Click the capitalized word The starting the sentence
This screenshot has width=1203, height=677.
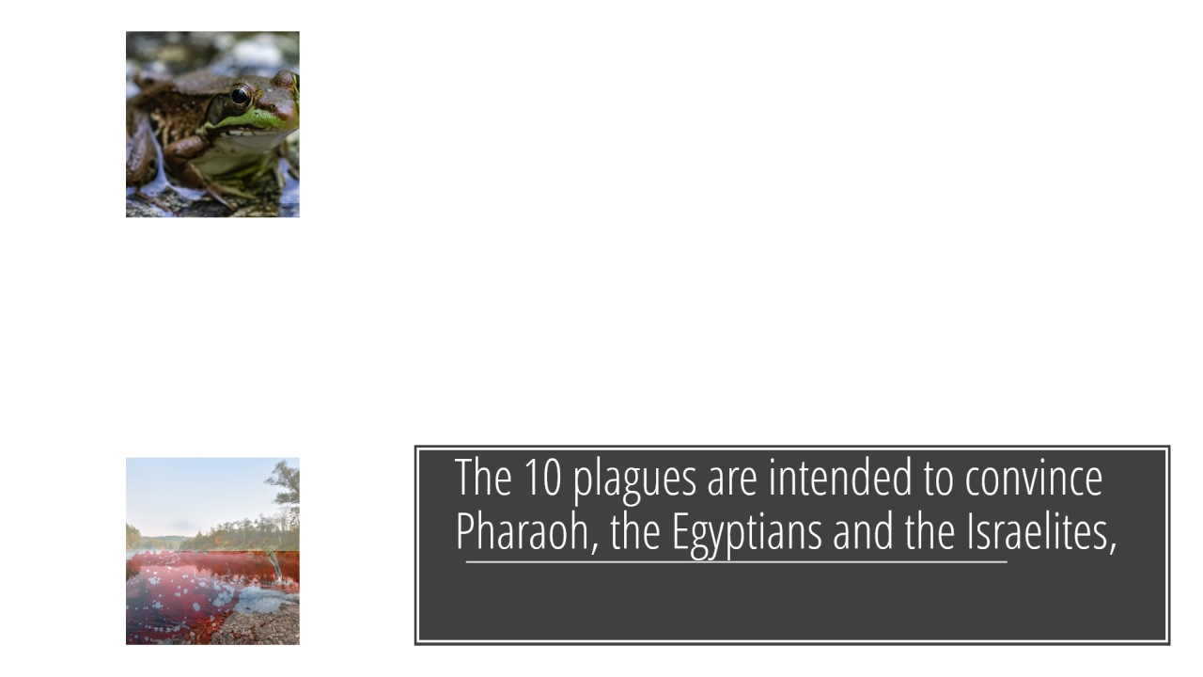click(x=483, y=477)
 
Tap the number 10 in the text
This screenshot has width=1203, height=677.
click(x=542, y=477)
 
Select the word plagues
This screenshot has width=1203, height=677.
click(x=634, y=480)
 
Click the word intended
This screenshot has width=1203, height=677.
click(x=840, y=477)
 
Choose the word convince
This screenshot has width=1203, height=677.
click(x=1034, y=477)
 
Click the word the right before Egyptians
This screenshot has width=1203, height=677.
click(x=634, y=531)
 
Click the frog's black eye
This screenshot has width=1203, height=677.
click(x=240, y=96)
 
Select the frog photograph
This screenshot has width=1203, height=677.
click(x=212, y=124)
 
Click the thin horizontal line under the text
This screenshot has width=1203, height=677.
click(x=736, y=562)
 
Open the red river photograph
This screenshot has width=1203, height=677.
click(x=212, y=551)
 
